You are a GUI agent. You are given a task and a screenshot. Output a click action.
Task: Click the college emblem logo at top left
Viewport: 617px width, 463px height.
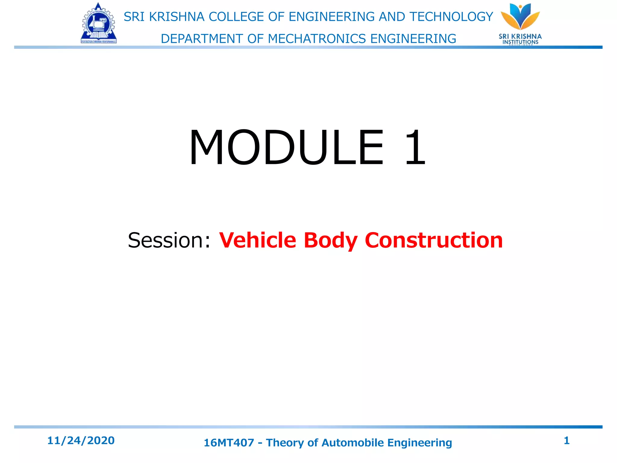99,24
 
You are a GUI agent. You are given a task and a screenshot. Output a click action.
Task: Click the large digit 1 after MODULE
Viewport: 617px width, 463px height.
415,147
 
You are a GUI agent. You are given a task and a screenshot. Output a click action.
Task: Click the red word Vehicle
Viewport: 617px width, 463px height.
258,240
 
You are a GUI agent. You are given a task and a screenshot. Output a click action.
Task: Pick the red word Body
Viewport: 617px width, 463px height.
330,240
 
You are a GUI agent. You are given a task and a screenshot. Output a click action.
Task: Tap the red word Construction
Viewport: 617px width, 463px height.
434,240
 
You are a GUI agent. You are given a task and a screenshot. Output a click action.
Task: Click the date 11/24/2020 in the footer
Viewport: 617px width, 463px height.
81,441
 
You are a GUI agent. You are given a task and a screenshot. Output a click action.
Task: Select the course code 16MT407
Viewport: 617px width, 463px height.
229,443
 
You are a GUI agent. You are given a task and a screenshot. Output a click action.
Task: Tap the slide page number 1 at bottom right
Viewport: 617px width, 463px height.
566,441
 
